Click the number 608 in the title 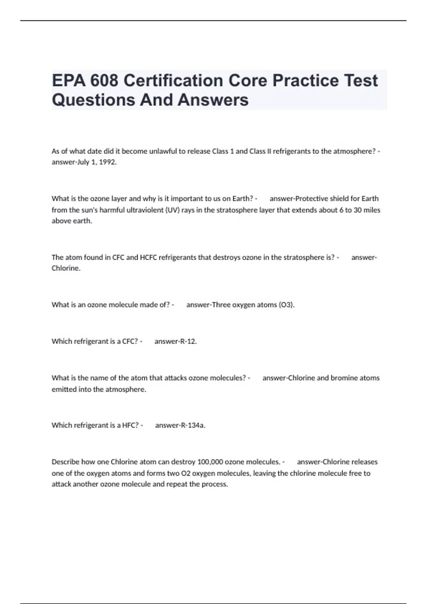click(x=104, y=81)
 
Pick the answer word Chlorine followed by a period click(x=66, y=268)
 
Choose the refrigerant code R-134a click(x=193, y=425)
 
